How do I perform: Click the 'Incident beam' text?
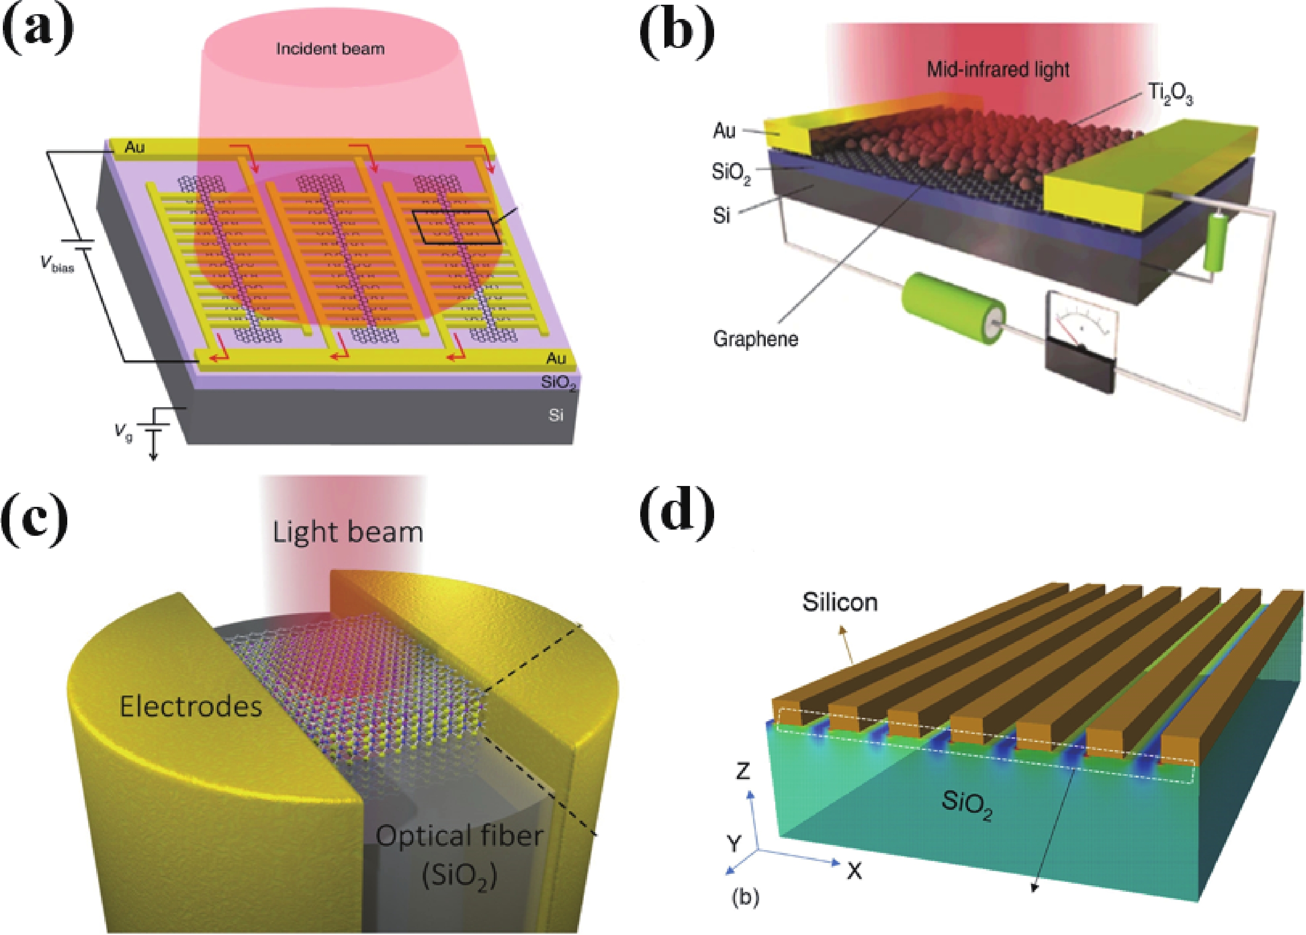(330, 49)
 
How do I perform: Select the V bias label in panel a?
(57, 264)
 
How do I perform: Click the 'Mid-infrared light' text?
(998, 70)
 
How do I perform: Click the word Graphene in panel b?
(755, 339)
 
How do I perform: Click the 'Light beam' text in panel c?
(347, 532)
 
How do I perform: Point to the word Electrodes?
(190, 706)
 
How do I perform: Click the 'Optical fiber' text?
(459, 836)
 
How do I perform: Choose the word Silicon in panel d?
(840, 602)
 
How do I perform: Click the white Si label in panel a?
(555, 414)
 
